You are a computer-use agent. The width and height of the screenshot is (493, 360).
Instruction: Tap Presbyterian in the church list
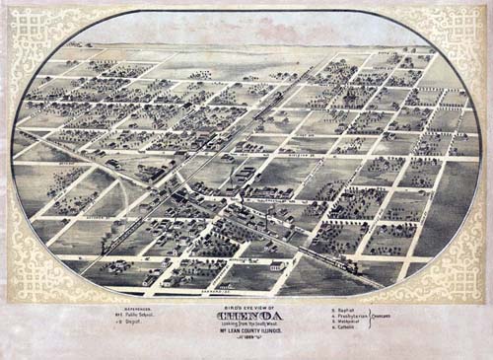349,315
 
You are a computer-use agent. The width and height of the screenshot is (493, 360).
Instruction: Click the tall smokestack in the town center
265,215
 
